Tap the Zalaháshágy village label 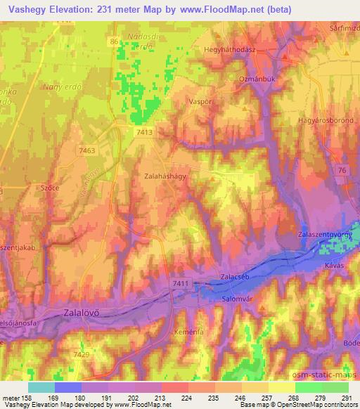point(165,178)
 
